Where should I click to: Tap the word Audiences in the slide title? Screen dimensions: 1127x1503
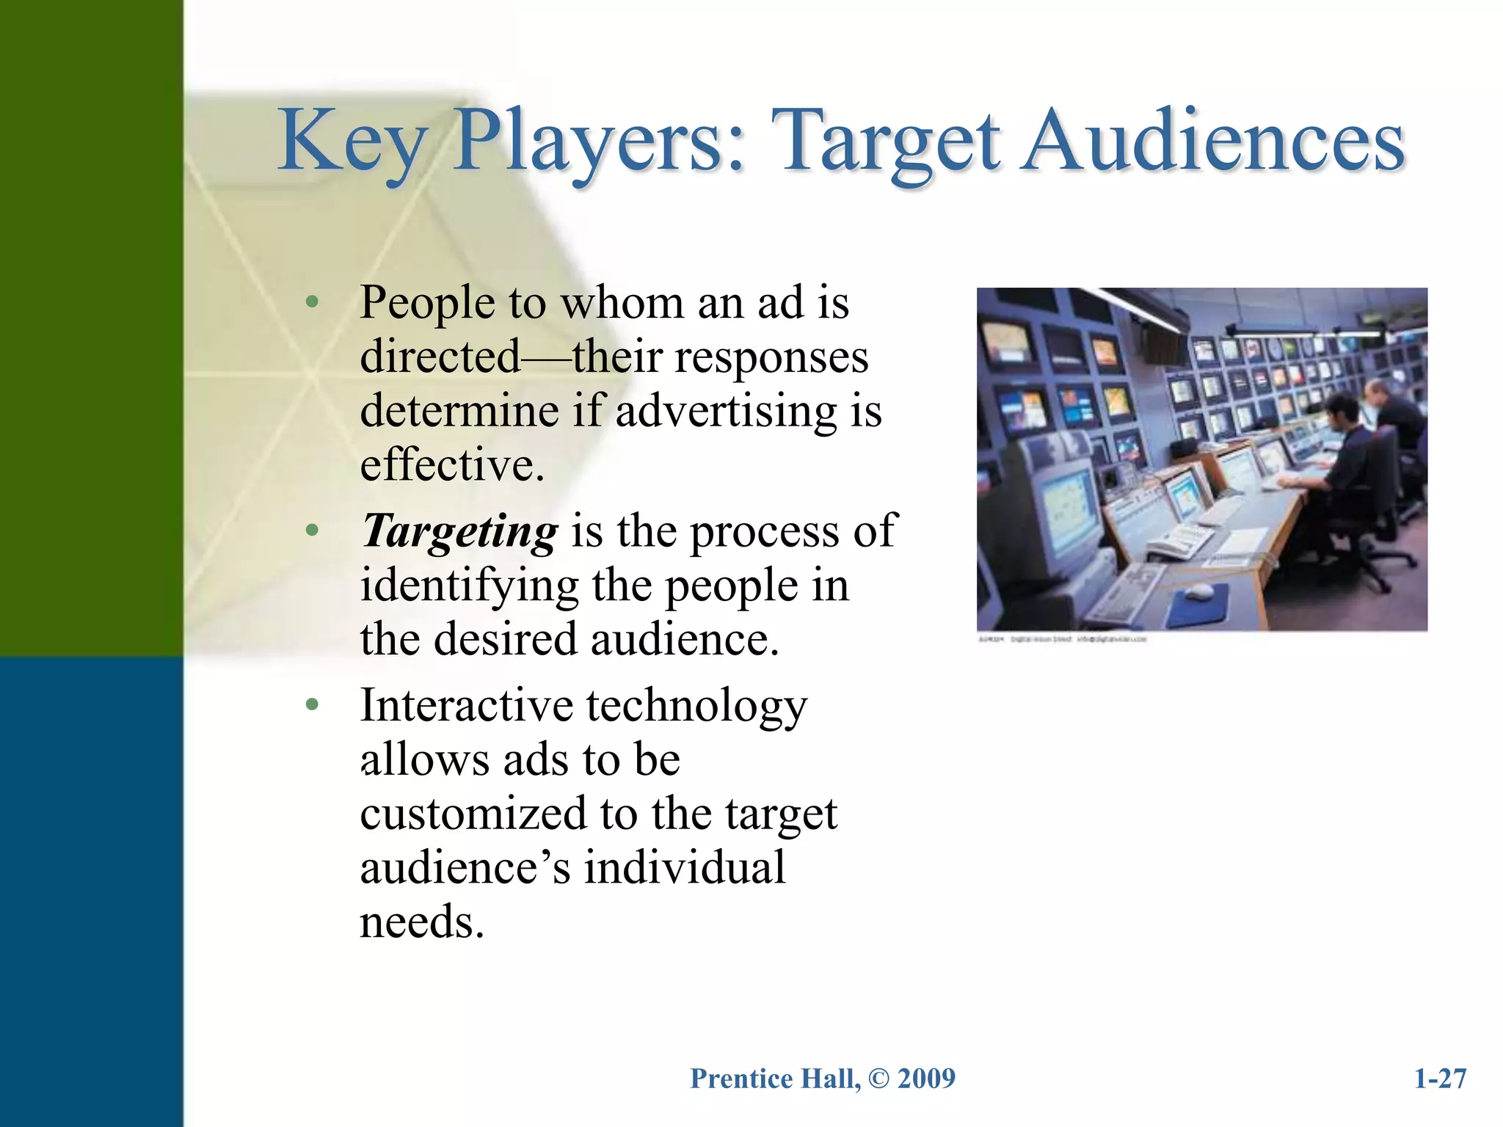click(1214, 141)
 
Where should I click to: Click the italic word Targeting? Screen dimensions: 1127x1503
click(460, 531)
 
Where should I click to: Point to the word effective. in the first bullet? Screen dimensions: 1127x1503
click(452, 464)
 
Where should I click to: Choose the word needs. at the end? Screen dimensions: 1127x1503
click(422, 922)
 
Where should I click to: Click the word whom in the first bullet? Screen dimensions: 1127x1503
click(622, 302)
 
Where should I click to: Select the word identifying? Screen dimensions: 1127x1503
click(470, 586)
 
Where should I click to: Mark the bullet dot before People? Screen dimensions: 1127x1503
click(313, 302)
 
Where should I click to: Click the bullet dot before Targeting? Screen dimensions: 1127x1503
click(313, 530)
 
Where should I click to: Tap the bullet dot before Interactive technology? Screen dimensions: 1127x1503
click(313, 705)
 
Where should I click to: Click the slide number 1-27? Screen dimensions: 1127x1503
click(1440, 1079)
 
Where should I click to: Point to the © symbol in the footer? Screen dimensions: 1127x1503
click(878, 1079)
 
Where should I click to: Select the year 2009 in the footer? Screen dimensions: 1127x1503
click(926, 1079)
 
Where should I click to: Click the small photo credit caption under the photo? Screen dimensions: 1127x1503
click(1062, 640)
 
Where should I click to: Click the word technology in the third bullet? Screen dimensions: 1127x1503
click(696, 705)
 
